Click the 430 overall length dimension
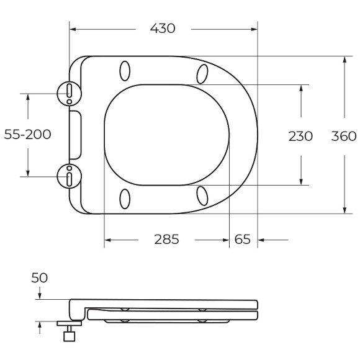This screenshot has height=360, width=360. coord(163,29)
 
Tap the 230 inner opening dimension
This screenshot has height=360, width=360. coord(300,135)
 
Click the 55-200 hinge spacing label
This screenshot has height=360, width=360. coord(27,135)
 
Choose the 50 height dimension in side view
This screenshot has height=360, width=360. coord(38,277)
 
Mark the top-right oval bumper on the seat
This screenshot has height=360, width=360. coord(202,73)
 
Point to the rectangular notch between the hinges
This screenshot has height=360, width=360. coord(74,135)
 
